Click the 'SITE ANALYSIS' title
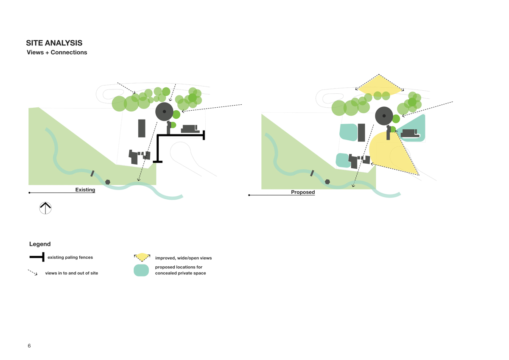54,43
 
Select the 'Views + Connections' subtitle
56,53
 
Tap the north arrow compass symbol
45,208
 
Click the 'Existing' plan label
85,190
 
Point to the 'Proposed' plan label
303,192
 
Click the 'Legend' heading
40,244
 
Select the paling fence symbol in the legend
37,257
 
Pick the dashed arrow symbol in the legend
33,273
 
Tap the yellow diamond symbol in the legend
142,257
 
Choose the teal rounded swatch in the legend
141,270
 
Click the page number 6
29,346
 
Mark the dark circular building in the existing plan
164,112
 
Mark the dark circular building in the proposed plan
384,116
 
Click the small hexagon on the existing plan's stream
108,182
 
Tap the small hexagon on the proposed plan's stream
327,182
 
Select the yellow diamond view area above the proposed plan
379,85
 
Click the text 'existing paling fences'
70,257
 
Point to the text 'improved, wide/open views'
183,258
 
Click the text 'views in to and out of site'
72,273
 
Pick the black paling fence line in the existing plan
180,136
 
